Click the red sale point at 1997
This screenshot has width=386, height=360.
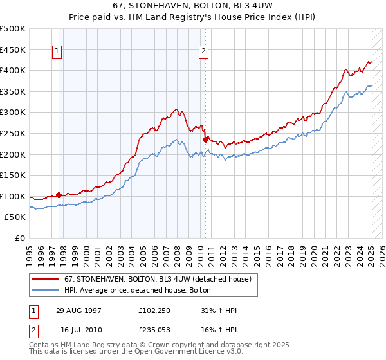click(x=59, y=195)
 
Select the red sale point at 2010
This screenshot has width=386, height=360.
click(x=205, y=139)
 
